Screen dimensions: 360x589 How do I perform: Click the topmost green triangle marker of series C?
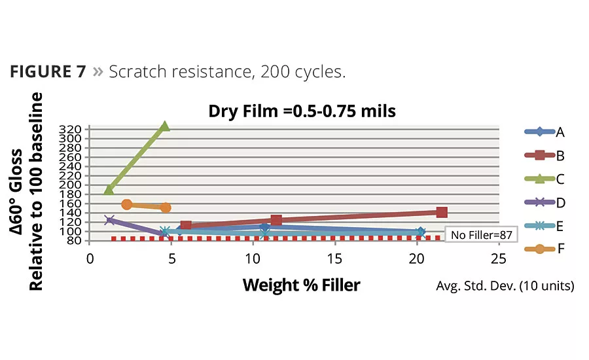click(165, 126)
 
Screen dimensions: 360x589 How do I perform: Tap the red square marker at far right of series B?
click(442, 212)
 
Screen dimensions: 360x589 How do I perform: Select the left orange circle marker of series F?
click(127, 205)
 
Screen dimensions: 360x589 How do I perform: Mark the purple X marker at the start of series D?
click(109, 221)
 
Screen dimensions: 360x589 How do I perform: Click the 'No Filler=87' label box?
click(480, 234)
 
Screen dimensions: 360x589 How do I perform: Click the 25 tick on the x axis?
click(499, 258)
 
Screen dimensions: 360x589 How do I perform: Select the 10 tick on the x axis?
click(253, 258)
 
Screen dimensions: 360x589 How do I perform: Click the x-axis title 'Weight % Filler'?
click(301, 285)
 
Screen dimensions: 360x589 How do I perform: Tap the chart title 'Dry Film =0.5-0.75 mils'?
click(302, 111)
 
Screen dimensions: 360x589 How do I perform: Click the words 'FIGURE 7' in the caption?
click(48, 71)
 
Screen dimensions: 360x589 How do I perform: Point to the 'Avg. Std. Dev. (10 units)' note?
click(505, 286)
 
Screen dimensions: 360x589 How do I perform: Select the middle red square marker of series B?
click(276, 221)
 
